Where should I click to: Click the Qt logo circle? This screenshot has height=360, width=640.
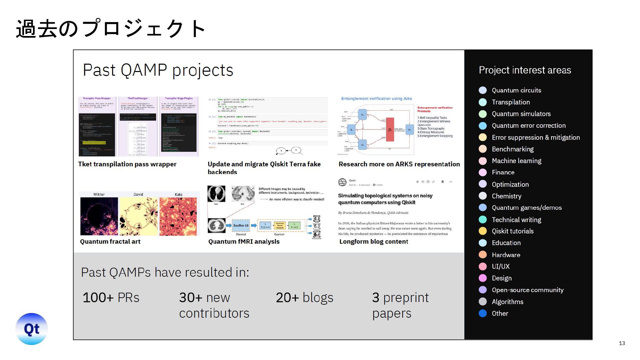coord(32,329)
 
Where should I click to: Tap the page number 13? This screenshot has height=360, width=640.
coord(622,343)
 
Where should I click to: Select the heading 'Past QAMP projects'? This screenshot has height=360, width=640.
coord(158,70)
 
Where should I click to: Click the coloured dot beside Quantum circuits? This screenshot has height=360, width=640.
coord(482,90)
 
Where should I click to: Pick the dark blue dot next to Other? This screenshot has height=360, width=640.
coord(482,313)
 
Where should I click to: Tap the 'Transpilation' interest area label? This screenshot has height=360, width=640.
coord(511,102)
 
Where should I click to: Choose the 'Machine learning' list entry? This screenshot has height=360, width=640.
coord(516,161)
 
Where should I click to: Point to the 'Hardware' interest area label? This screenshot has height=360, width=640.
coord(506,255)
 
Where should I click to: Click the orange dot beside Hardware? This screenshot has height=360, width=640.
coord(482,255)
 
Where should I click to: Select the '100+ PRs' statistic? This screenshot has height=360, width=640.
coord(111,297)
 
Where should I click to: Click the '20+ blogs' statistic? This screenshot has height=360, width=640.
coord(304,297)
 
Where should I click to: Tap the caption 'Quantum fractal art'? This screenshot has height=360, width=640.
coord(110,241)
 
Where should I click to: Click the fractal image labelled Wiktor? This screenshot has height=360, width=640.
coord(99,216)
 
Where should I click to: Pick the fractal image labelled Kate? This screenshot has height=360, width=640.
coord(178,216)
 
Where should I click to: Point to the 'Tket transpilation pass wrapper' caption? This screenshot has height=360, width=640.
coord(127,164)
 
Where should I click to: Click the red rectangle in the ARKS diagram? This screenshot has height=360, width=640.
coord(390,129)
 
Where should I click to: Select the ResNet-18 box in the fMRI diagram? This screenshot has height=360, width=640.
coord(241,225)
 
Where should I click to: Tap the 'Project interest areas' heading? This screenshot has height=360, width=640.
coord(525,70)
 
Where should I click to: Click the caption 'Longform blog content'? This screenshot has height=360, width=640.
coord(373,241)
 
